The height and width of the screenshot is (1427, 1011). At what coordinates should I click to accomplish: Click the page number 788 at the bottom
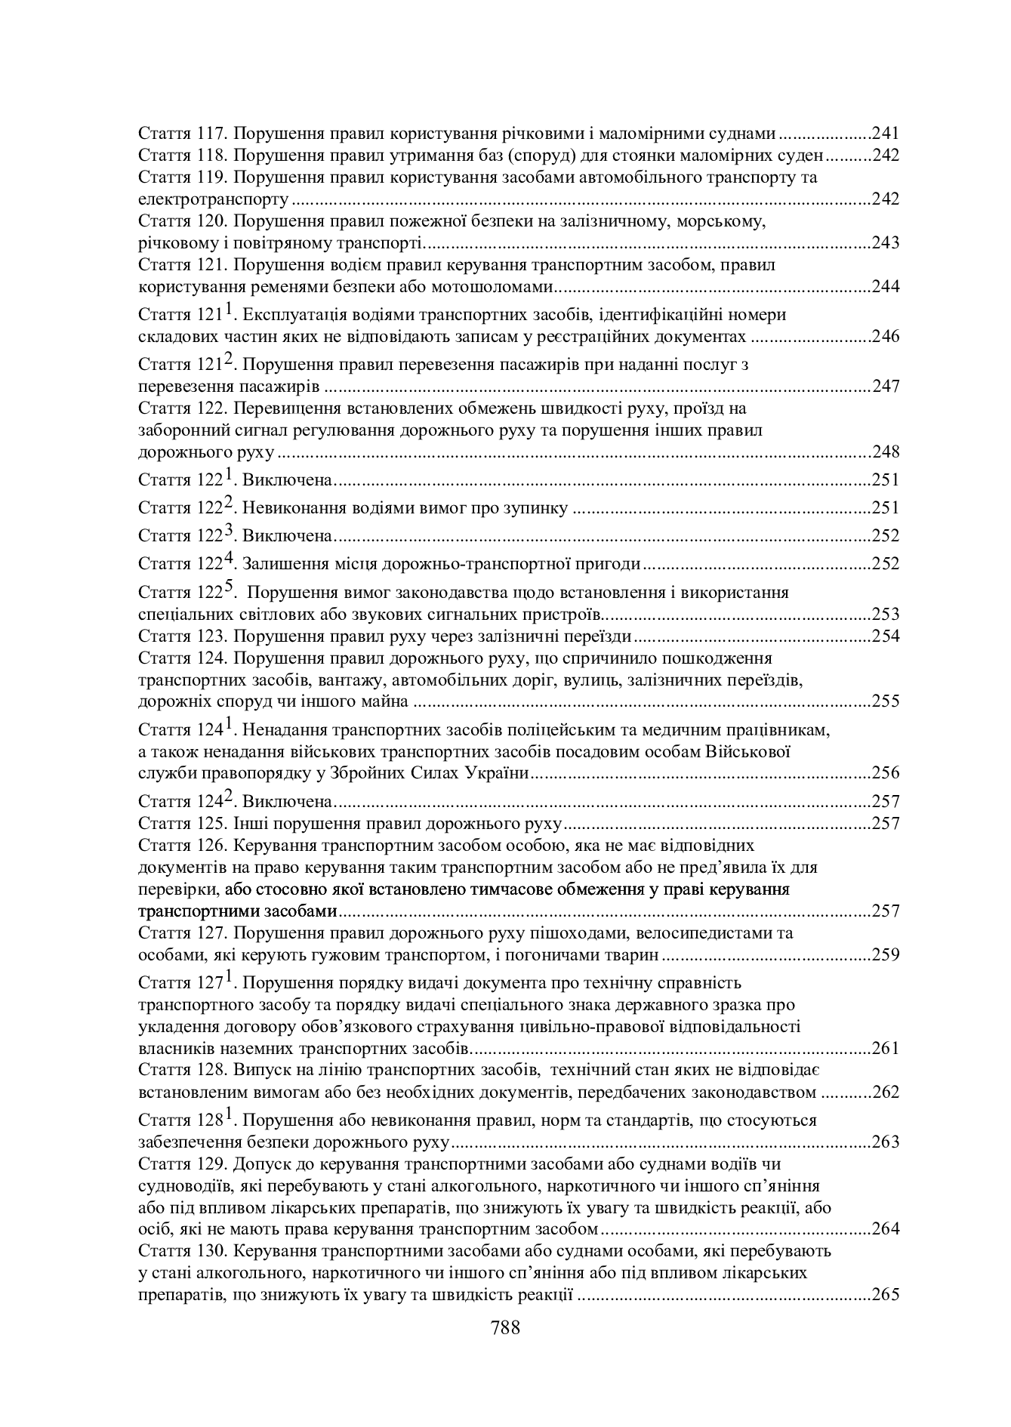(x=505, y=1327)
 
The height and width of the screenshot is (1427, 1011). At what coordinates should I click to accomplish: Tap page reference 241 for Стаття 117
(x=886, y=134)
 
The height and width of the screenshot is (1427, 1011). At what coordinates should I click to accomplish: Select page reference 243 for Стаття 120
(x=886, y=243)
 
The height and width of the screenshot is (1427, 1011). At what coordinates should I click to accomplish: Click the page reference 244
(x=886, y=287)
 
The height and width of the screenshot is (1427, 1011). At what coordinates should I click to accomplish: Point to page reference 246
(x=886, y=337)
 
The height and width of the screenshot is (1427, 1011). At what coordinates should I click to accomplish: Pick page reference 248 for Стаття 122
(x=886, y=452)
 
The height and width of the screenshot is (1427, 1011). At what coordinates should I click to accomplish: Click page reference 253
(x=886, y=614)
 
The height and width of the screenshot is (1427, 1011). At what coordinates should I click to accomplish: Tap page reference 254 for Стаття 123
(x=886, y=636)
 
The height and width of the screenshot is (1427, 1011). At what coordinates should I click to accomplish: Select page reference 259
(x=886, y=955)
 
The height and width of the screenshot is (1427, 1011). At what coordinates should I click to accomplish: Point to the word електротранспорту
(x=214, y=200)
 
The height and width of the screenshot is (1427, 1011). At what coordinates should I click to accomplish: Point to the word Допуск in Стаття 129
(x=260, y=1164)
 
